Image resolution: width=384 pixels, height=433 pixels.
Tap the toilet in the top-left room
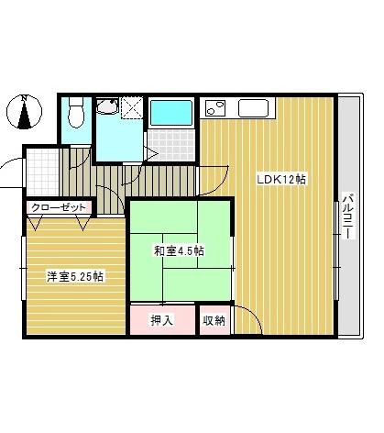(76, 114)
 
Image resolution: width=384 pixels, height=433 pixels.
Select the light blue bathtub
(170, 113)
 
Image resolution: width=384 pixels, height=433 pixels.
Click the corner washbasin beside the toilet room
(107, 110)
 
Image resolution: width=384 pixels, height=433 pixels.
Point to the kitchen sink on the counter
(253, 107)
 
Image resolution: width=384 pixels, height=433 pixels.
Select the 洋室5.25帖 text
(75, 274)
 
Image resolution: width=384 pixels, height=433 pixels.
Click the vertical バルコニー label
(348, 216)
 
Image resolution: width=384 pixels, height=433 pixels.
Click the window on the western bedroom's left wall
(23, 272)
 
